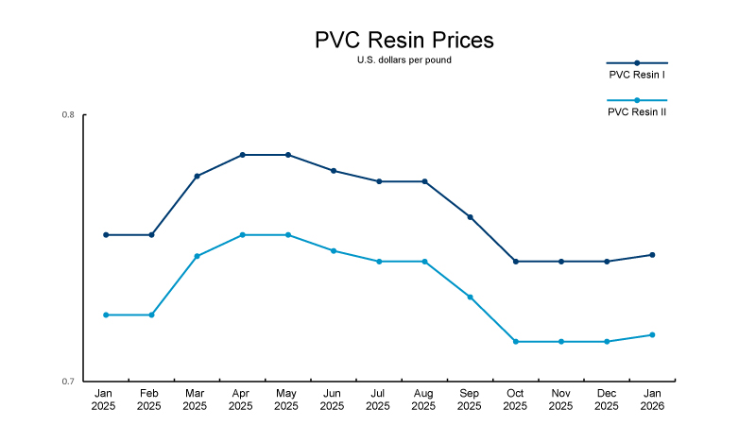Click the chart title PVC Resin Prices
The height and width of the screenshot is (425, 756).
coord(404,41)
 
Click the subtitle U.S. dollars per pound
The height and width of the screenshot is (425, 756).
coord(404,61)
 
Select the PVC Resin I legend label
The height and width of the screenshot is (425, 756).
coord(637,74)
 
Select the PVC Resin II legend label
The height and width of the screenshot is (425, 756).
coord(637,111)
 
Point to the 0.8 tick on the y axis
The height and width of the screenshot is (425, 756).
coord(68,115)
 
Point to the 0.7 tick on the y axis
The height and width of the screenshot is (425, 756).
coord(68,382)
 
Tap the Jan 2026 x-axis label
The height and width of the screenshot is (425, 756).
coord(652,399)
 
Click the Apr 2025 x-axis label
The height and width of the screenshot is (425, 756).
coord(241,399)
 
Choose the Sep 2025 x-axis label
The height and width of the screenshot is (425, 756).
coord(470,399)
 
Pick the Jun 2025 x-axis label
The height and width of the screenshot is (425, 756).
coord(333,399)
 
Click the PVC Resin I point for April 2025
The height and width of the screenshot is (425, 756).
coord(242,155)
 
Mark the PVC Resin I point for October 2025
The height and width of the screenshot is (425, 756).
coord(515,262)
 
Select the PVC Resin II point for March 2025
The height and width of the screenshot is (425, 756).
coord(197,256)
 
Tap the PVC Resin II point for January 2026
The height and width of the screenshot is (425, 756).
coord(652,334)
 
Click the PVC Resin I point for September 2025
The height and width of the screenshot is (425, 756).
coord(470,217)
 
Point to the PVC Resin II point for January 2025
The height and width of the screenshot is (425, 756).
coord(106,314)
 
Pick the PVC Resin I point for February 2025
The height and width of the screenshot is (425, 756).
coord(151,235)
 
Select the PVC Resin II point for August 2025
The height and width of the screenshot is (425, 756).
coord(424,262)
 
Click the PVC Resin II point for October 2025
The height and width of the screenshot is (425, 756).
coord(515,342)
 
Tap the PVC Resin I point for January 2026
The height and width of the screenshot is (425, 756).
coord(652,255)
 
